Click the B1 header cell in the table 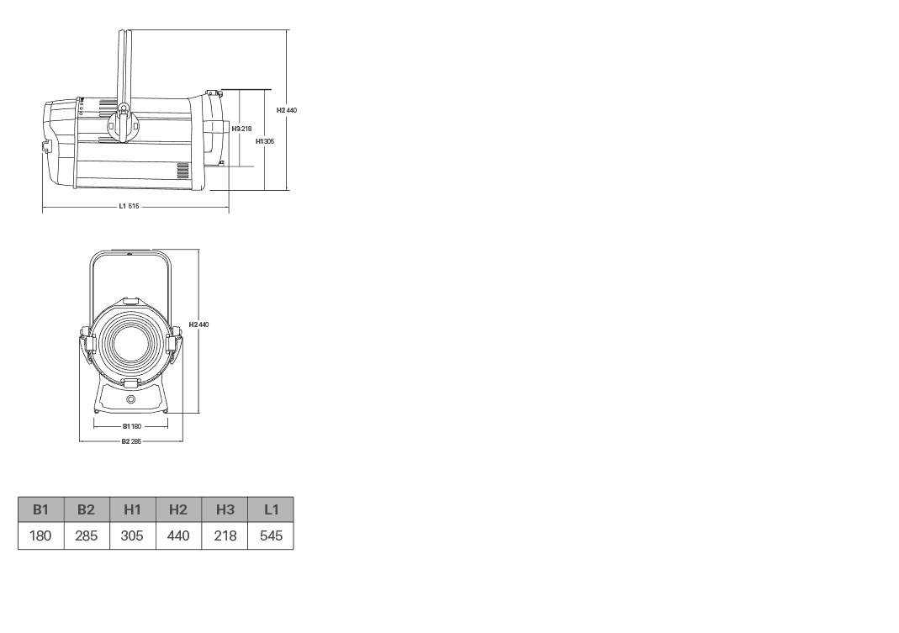point(40,509)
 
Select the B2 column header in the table point(87,509)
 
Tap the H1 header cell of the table point(132,509)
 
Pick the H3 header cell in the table point(225,509)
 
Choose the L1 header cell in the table point(271,509)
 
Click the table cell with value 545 point(271,535)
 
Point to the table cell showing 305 point(132,535)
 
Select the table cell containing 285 point(87,535)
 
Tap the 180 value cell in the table point(40,535)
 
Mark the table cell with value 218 point(225,535)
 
